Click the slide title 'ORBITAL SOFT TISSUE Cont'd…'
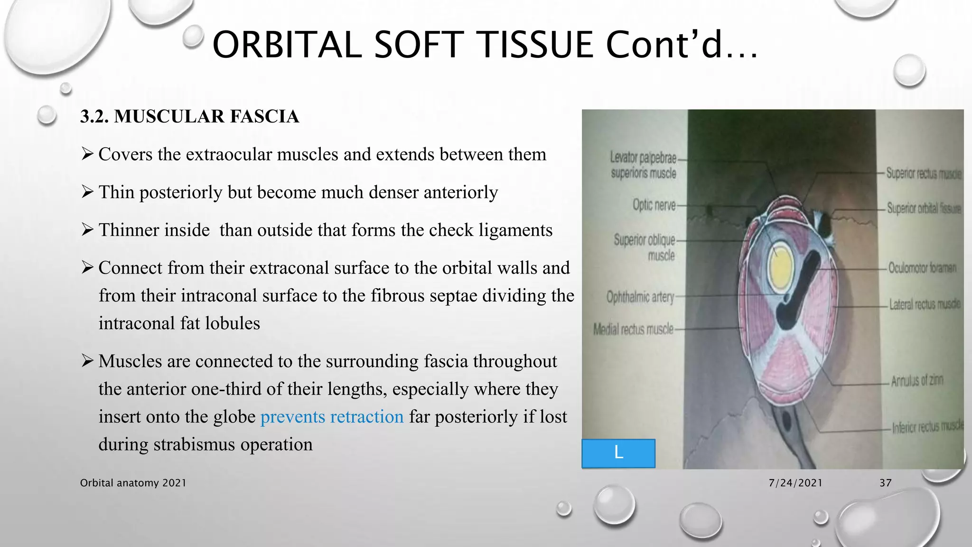click(x=484, y=45)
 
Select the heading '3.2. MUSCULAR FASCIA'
click(x=189, y=117)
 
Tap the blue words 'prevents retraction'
click(x=332, y=417)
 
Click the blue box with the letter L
click(x=618, y=453)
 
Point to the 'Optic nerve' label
click(x=654, y=205)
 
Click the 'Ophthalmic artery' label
click(x=640, y=297)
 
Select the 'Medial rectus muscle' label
click(x=633, y=329)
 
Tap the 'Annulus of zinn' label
click(x=916, y=381)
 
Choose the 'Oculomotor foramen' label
click(x=922, y=268)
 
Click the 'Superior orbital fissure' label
click(x=924, y=208)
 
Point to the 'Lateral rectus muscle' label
click(x=924, y=304)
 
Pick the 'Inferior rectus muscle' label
click(x=927, y=427)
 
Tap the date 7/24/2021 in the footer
click(x=795, y=483)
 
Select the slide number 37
click(x=885, y=483)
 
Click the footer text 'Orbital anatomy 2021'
click(x=133, y=483)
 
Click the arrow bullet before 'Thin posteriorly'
click(x=87, y=192)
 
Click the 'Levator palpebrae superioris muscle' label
click(x=643, y=165)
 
